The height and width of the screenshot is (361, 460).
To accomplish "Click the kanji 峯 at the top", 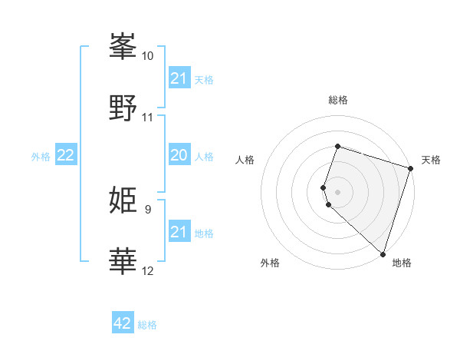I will pyautogui.click(x=123, y=48).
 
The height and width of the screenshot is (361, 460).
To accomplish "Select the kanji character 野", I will pyautogui.click(x=123, y=107).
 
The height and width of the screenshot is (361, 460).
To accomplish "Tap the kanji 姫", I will pyautogui.click(x=123, y=200).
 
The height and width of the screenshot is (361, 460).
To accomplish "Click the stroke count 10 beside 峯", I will pyautogui.click(x=148, y=56).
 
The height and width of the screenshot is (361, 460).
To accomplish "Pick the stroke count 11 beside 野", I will pyautogui.click(x=148, y=118).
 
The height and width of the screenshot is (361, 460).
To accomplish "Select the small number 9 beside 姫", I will pyautogui.click(x=148, y=209).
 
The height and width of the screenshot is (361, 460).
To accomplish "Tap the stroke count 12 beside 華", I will pyautogui.click(x=148, y=270).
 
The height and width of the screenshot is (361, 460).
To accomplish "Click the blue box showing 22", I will pyautogui.click(x=66, y=156).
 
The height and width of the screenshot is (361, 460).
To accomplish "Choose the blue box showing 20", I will pyautogui.click(x=179, y=156).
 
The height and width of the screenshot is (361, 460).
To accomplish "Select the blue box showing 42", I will pyautogui.click(x=123, y=323).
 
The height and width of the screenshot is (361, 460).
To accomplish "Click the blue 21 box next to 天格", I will pyautogui.click(x=179, y=78).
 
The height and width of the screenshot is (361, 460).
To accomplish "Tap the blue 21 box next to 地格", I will pyautogui.click(x=179, y=232).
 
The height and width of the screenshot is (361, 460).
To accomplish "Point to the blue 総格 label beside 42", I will pyautogui.click(x=147, y=325).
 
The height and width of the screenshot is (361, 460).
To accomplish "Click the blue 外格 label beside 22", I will pyautogui.click(x=41, y=157).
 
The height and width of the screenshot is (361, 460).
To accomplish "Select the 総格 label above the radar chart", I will pyautogui.click(x=337, y=100).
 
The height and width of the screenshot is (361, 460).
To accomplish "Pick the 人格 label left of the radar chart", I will pyautogui.click(x=245, y=160).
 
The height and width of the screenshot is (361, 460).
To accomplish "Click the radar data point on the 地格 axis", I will pyautogui.click(x=382, y=253).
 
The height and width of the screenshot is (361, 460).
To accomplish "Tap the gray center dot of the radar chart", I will pyautogui.click(x=337, y=190).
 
